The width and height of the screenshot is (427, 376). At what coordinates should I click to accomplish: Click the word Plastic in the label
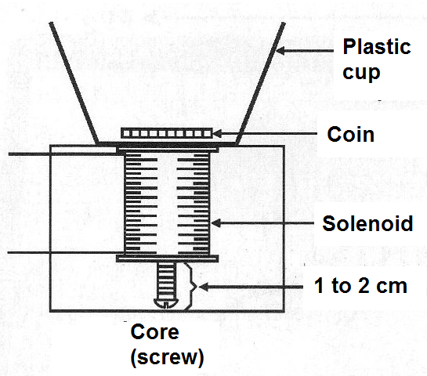click(377, 46)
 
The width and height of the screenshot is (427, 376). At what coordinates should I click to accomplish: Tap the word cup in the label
click(361, 72)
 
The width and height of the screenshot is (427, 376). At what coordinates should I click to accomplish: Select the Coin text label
click(351, 134)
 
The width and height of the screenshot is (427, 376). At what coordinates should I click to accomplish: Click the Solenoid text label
click(367, 223)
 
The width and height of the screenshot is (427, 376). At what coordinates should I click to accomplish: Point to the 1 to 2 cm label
click(360, 286)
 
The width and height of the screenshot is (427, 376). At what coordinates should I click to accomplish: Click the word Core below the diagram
click(154, 331)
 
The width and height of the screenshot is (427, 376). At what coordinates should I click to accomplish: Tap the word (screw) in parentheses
click(167, 356)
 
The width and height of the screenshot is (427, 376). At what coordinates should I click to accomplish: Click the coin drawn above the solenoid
click(167, 133)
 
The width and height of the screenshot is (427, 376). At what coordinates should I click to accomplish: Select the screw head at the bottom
click(166, 303)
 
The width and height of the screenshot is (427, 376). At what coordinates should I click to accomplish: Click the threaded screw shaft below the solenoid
click(166, 280)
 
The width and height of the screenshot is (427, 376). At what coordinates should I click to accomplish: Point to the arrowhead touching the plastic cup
click(280, 50)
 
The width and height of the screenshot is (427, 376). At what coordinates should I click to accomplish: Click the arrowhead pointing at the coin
click(217, 134)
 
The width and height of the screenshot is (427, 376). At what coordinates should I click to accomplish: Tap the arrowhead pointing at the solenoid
click(216, 223)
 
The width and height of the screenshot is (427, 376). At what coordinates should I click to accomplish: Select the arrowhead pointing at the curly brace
click(204, 287)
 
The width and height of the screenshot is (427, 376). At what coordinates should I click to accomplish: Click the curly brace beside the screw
click(193, 287)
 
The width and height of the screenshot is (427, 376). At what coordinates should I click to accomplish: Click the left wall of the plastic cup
click(74, 83)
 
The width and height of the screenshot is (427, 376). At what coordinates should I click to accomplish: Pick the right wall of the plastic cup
click(260, 83)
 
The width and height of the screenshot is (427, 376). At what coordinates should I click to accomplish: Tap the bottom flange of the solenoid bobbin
click(167, 258)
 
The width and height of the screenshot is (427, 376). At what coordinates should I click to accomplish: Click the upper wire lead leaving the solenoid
click(67, 154)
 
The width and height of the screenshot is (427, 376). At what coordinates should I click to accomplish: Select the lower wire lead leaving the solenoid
click(66, 253)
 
